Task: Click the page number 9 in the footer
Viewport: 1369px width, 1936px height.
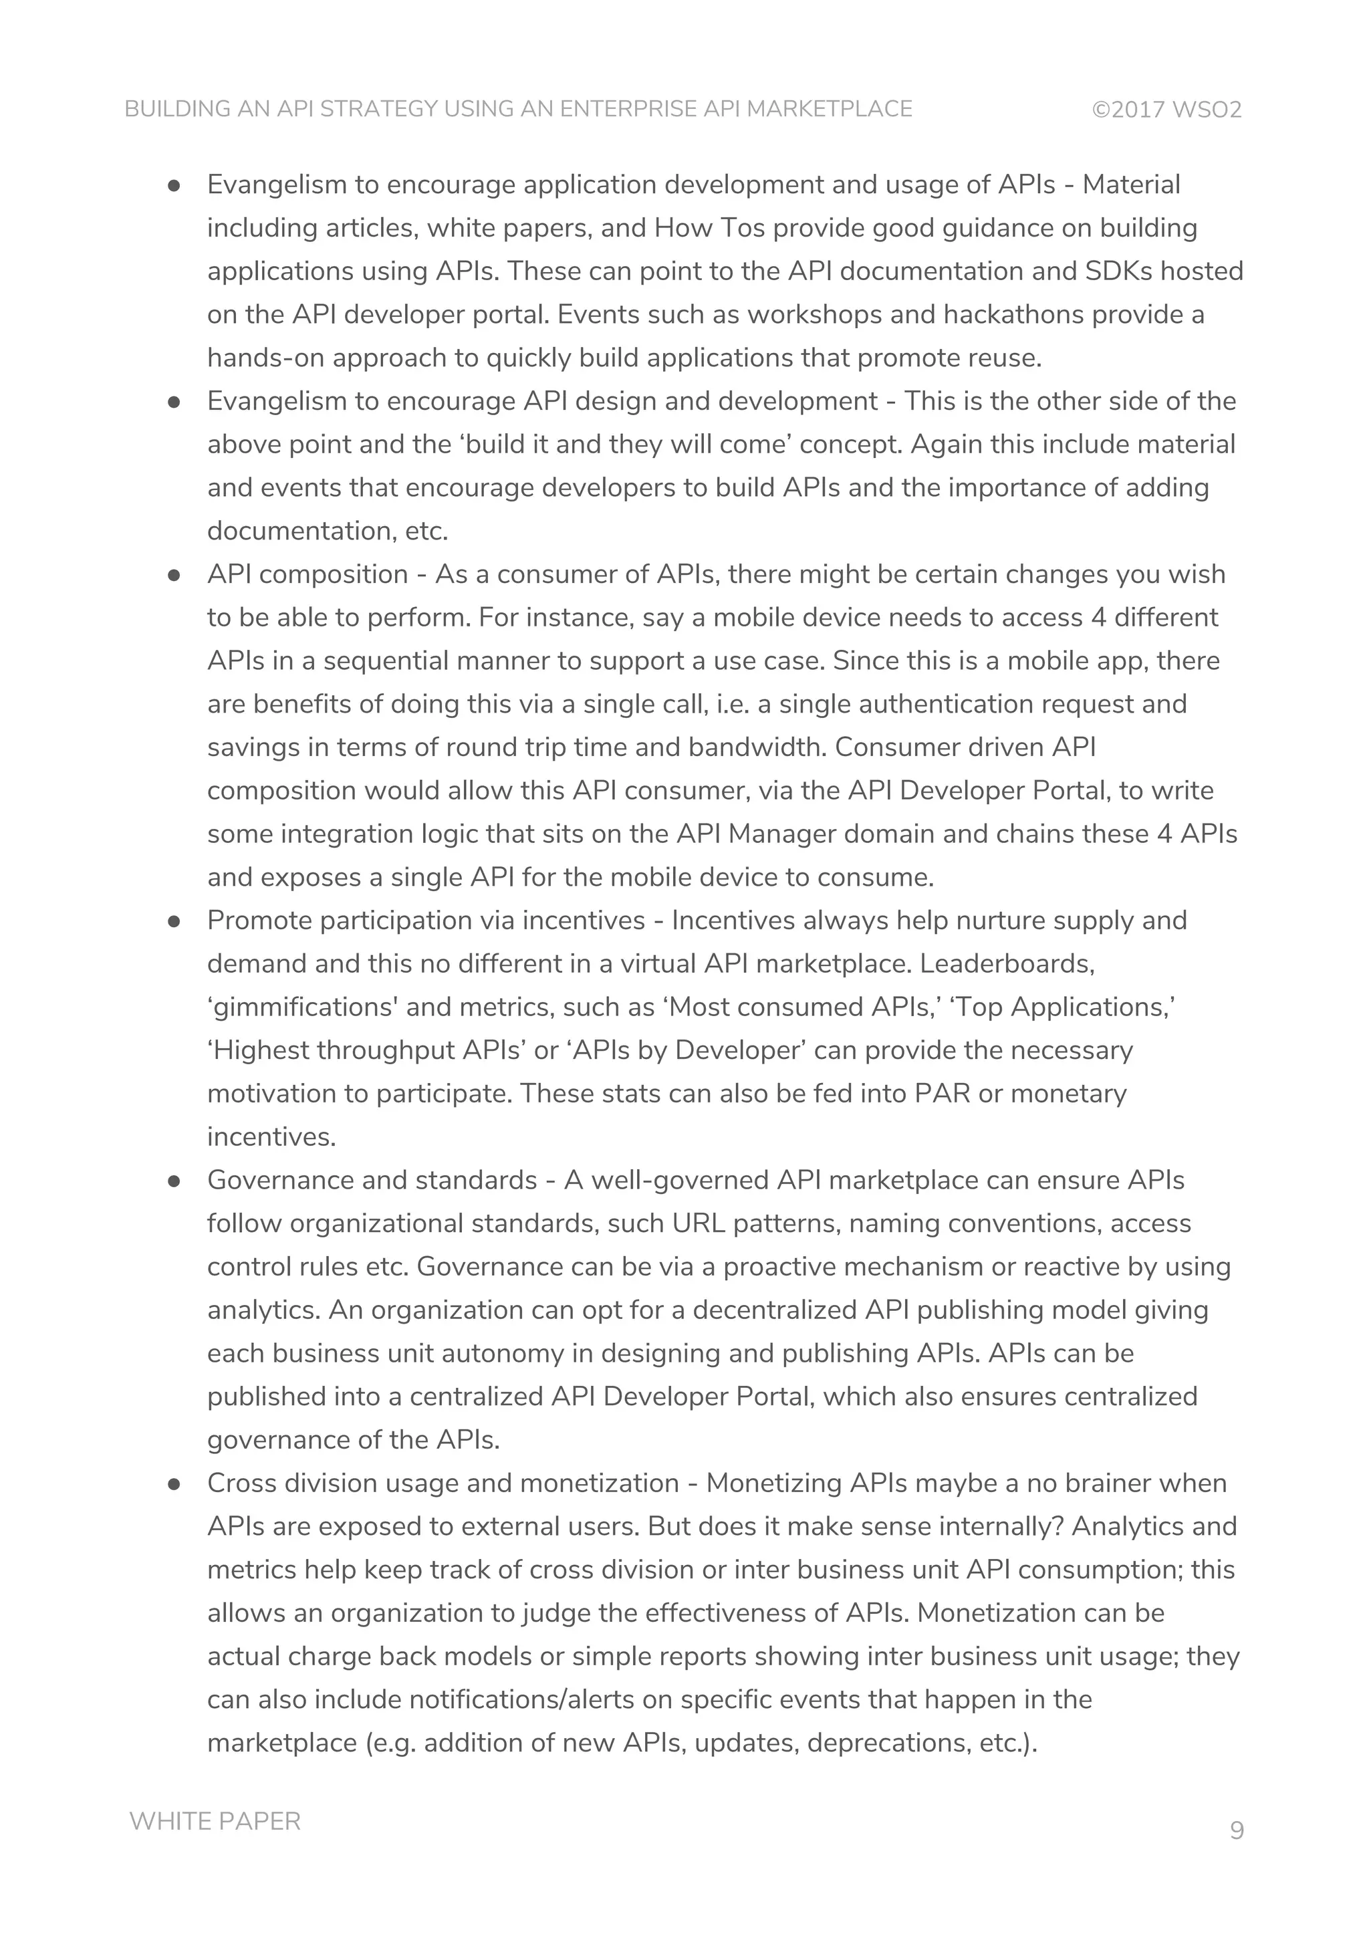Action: click(x=1236, y=1830)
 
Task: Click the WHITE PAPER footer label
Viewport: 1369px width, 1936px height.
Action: click(x=215, y=1820)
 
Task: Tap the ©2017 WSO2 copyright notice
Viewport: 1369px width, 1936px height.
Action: click(x=1166, y=110)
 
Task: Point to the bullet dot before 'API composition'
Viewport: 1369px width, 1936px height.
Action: click(x=174, y=575)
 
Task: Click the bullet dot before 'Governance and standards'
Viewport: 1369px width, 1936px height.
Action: click(x=174, y=1181)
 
